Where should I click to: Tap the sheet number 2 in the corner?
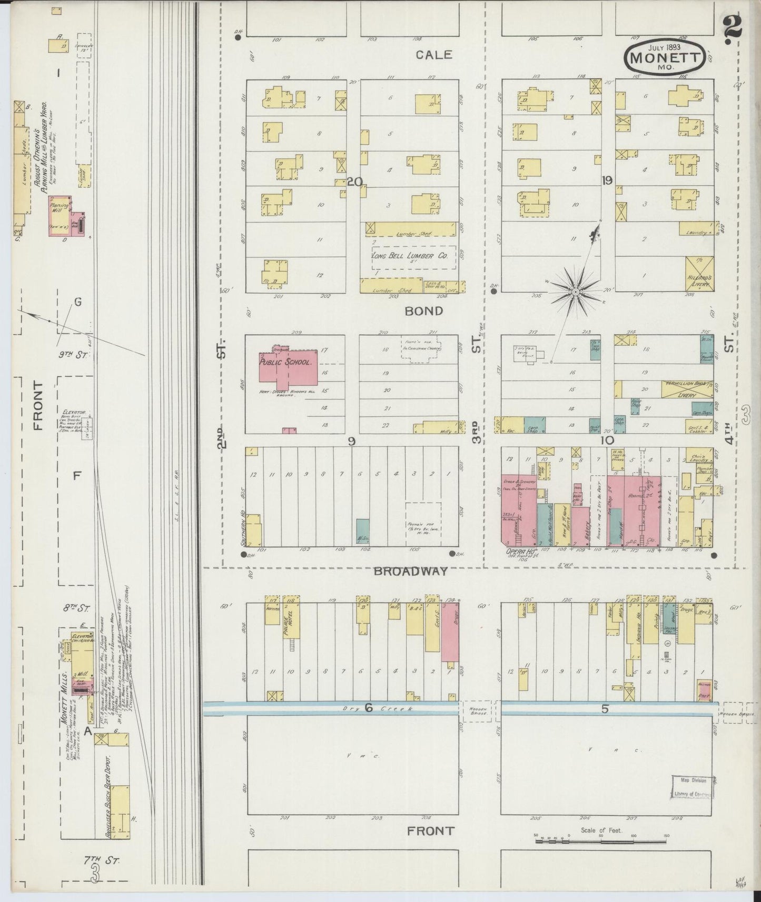tap(733, 26)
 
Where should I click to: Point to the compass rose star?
tap(576, 290)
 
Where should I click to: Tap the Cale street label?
tap(433, 55)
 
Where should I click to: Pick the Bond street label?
tap(424, 311)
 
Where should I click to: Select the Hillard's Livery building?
tap(699, 272)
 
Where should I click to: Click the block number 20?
tap(354, 182)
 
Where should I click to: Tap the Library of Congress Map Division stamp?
tap(689, 787)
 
